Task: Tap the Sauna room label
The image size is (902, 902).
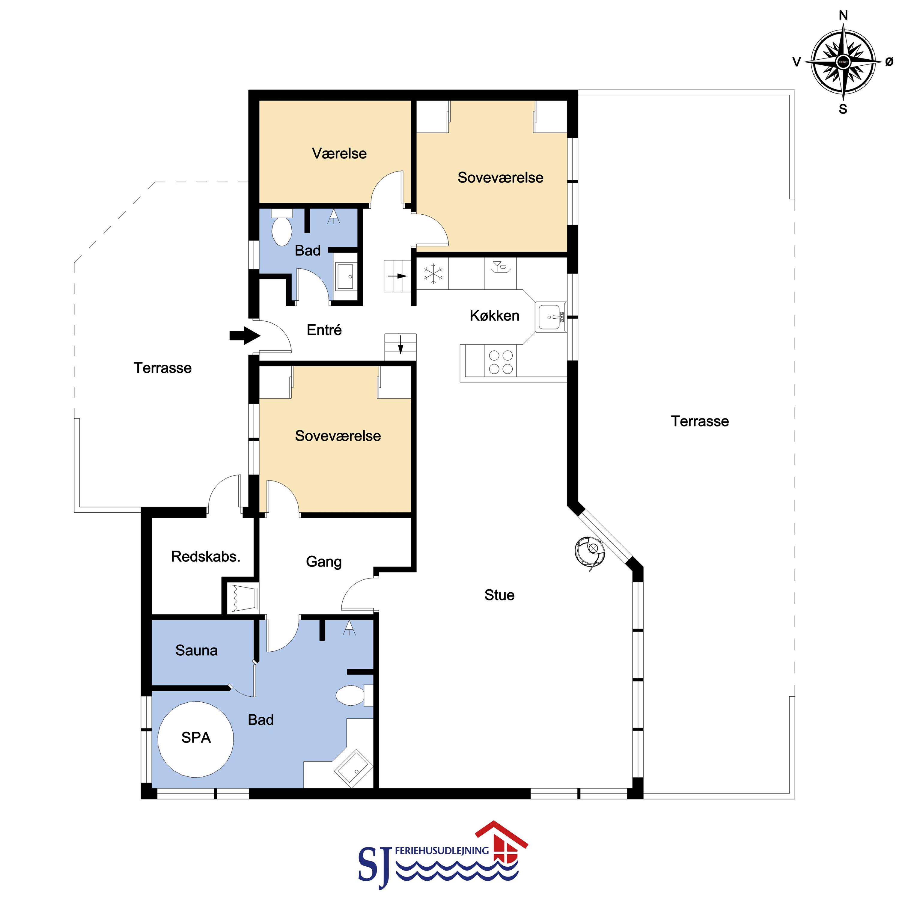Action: coord(197,650)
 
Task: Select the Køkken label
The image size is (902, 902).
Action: coord(494,316)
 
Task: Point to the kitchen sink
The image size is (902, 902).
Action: coord(551,317)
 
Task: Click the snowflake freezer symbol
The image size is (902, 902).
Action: coord(433,274)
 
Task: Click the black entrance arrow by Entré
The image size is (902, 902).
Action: coord(245,335)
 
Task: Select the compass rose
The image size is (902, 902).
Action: coord(843,62)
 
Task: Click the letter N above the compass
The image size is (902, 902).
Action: coord(843,15)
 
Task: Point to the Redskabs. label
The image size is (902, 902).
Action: coord(205,556)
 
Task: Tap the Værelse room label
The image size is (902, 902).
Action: coord(339,153)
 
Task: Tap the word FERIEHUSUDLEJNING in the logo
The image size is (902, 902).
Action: coord(442,851)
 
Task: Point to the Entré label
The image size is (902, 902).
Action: coord(324,330)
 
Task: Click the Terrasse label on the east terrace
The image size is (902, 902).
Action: coord(700,421)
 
